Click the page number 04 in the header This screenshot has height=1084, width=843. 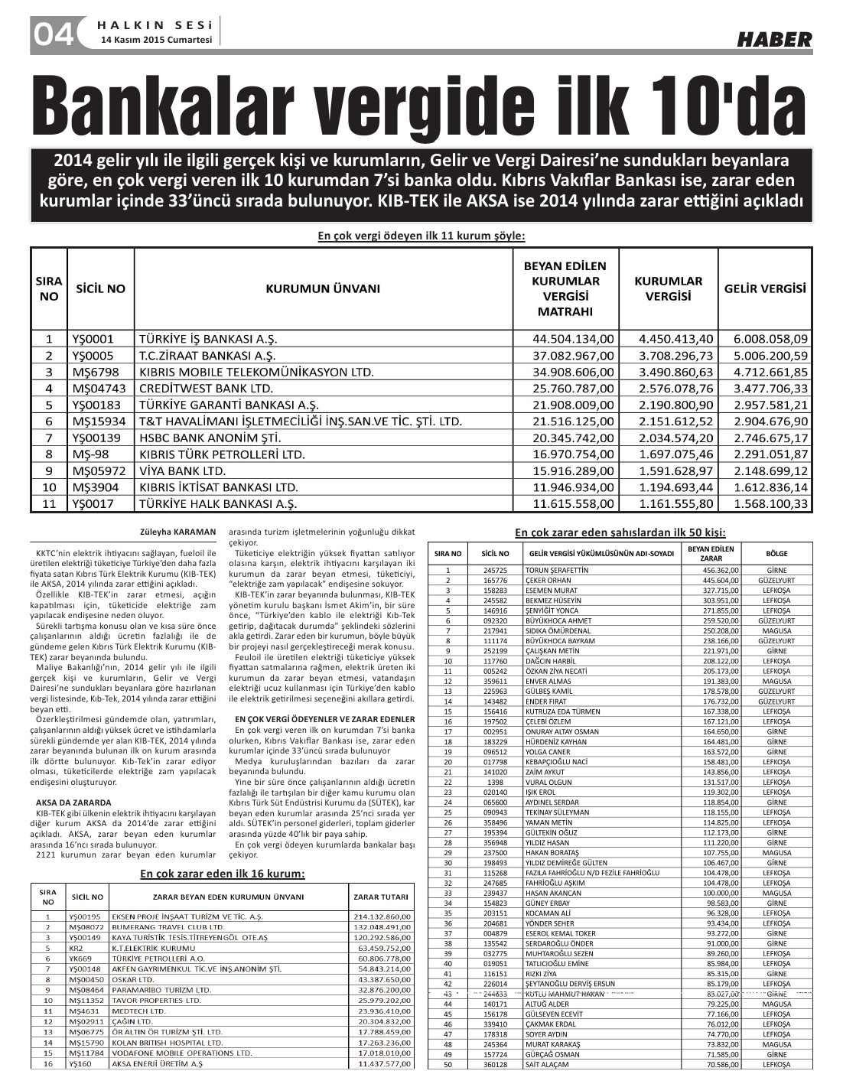click(x=52, y=34)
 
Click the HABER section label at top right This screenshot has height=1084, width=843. click(x=774, y=39)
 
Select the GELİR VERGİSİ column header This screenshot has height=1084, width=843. click(x=765, y=289)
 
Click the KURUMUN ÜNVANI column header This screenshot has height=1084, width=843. click(x=322, y=289)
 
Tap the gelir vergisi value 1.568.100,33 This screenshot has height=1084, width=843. click(x=770, y=504)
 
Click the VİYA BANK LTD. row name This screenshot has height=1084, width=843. click(x=182, y=471)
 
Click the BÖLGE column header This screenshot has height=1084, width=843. click(x=776, y=554)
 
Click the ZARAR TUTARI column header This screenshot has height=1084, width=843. click(x=379, y=897)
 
